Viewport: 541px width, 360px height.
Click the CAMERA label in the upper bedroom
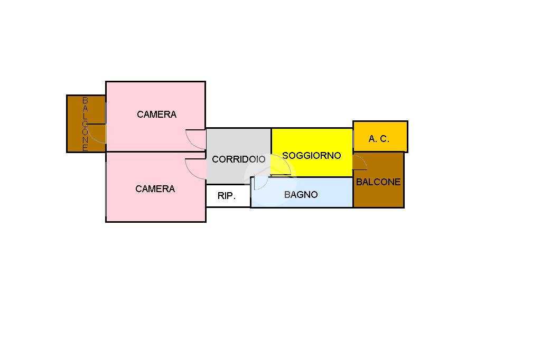156,115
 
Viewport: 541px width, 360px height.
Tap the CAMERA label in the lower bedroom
155,189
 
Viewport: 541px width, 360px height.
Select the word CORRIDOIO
239,159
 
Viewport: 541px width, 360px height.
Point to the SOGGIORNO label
312,156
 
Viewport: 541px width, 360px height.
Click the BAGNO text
301,195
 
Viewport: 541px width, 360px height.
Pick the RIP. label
227,196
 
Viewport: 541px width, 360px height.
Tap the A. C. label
379,139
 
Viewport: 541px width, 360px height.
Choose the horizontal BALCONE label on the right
378,182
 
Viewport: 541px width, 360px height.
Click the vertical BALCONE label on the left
85,124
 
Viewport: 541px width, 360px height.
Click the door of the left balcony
96,133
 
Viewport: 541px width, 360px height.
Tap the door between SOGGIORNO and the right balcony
360,163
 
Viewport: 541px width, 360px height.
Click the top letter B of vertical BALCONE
85,100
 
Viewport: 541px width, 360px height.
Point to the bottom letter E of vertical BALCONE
85,148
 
